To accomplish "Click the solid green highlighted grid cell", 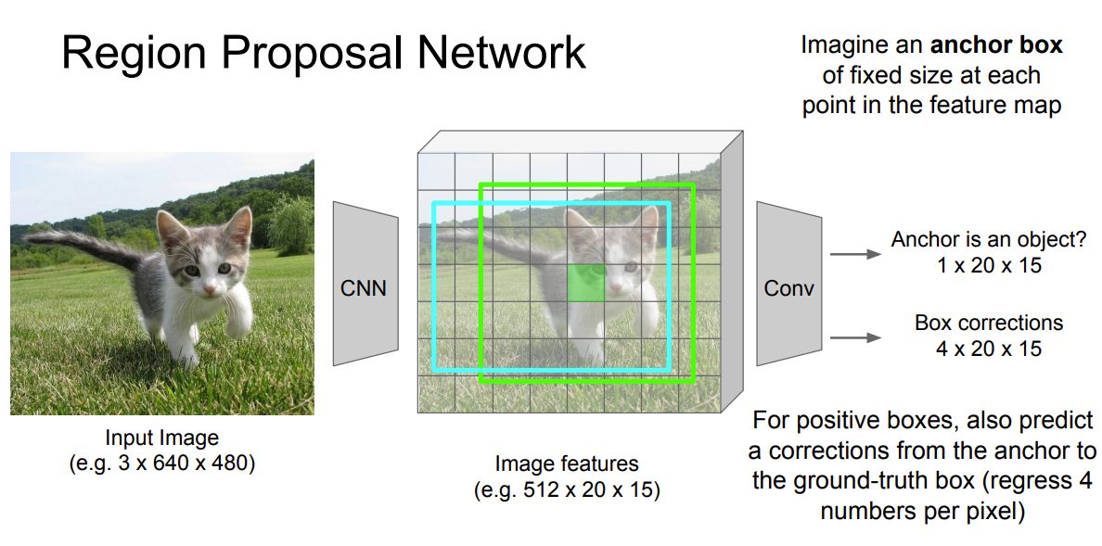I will click(585, 283).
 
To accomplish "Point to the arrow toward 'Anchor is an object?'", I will click(854, 253).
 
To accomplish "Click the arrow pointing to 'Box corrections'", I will click(854, 337).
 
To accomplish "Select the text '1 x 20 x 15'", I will click(989, 265).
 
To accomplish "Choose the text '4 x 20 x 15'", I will click(989, 349).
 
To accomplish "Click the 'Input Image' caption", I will click(162, 438).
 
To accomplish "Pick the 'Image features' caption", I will click(567, 463).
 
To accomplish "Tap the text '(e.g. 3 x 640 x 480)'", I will click(162, 463).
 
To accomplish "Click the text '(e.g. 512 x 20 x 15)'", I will click(567, 489).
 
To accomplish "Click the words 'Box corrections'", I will click(989, 324).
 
